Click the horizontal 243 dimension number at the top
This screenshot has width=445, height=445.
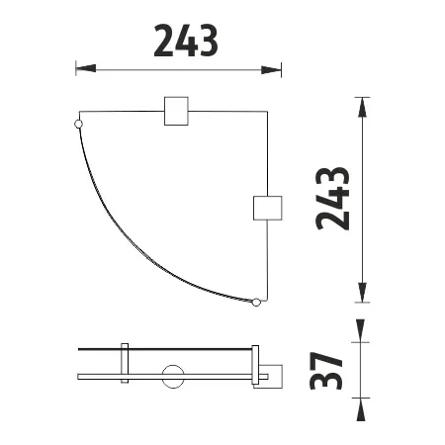click(x=186, y=41)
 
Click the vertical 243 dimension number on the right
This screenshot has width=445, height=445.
click(x=332, y=199)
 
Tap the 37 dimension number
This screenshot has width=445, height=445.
click(x=326, y=371)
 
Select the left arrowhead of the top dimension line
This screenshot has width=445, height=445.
click(x=86, y=68)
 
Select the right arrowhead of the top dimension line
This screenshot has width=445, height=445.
click(x=271, y=70)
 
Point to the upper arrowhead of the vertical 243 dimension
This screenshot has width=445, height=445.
click(x=362, y=107)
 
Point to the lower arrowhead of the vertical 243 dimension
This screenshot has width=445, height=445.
click(x=362, y=293)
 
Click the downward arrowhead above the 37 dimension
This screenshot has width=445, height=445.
click(x=360, y=330)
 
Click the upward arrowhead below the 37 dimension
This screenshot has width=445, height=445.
click(x=360, y=409)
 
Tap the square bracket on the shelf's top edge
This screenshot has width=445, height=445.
click(x=176, y=111)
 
